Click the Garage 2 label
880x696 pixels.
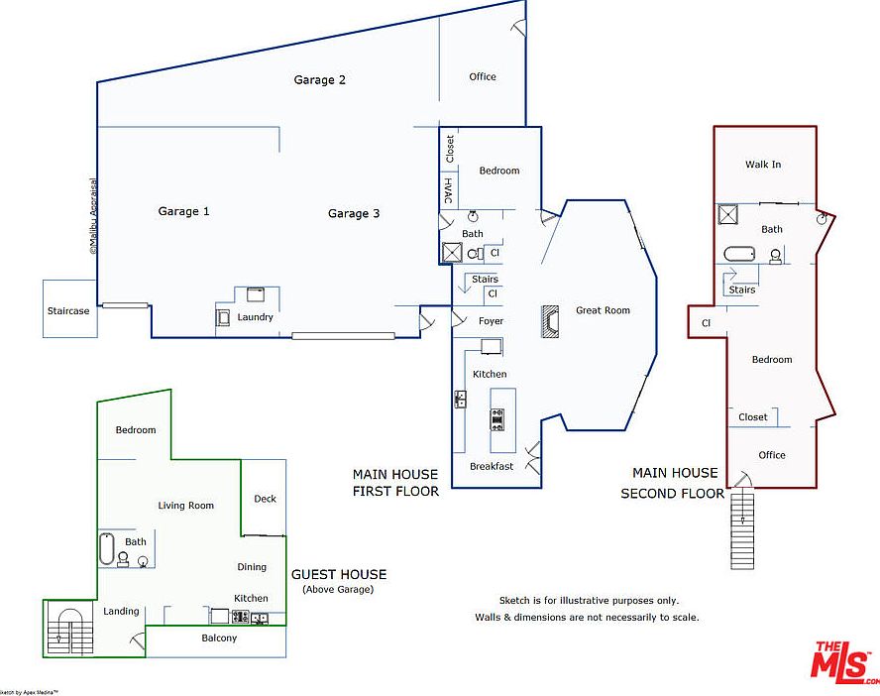pyautogui.click(x=319, y=80)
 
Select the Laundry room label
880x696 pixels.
pyautogui.click(x=255, y=317)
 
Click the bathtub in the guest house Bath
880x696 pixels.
pyautogui.click(x=107, y=548)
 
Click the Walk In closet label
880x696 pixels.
pyautogui.click(x=763, y=165)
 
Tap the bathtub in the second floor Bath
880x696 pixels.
pyautogui.click(x=739, y=254)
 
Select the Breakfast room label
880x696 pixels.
pyautogui.click(x=492, y=466)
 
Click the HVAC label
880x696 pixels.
pyautogui.click(x=448, y=190)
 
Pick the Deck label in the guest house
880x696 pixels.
pyautogui.click(x=265, y=499)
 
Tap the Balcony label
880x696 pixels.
pyautogui.click(x=219, y=638)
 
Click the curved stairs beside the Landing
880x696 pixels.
pyautogui.click(x=68, y=631)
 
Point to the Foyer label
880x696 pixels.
pyautogui.click(x=491, y=321)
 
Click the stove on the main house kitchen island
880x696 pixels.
pyautogui.click(x=497, y=419)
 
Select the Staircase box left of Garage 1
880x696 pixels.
pyautogui.click(x=68, y=310)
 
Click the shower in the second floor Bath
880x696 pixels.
pyautogui.click(x=728, y=216)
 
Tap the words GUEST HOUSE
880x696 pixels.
pyautogui.click(x=339, y=574)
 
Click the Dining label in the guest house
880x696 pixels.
pyautogui.click(x=252, y=567)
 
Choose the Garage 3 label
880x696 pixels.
pyautogui.click(x=354, y=213)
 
